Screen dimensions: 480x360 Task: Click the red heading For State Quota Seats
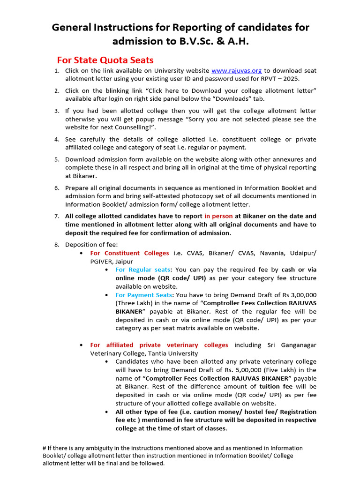[x=105, y=60]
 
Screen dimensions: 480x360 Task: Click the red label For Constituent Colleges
[x=129, y=253]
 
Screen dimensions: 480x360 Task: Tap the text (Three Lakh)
[x=136, y=303]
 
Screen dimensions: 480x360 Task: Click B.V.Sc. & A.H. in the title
[x=212, y=41]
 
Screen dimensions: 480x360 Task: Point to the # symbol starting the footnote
[x=45, y=448]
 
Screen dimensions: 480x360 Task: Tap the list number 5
[x=56, y=159]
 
